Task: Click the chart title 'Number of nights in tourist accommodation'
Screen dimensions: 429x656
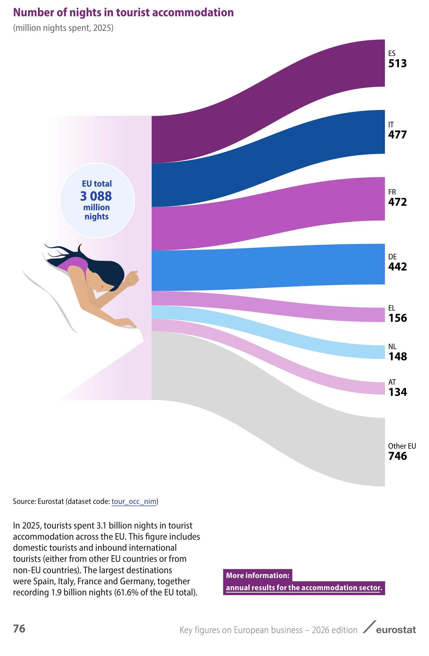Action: [x=123, y=12]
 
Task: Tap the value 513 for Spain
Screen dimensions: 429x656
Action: [x=398, y=64]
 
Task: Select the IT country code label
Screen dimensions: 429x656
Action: [x=391, y=124]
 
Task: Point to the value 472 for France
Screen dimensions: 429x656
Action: [x=398, y=202]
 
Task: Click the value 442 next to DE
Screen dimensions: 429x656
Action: [x=398, y=267]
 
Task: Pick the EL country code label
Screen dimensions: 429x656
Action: [x=392, y=308]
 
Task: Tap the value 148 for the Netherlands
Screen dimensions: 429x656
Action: [x=398, y=356]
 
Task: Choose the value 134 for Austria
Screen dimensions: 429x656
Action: [x=398, y=392]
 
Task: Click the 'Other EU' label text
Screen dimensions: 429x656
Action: [x=402, y=446]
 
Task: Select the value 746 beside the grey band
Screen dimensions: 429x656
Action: [x=398, y=456]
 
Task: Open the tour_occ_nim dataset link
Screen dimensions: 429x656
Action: [x=134, y=501]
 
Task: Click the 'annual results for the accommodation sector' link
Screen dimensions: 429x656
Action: [x=304, y=587]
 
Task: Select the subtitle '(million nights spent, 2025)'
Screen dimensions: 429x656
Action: [x=63, y=28]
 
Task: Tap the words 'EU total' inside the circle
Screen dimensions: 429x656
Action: [x=97, y=183]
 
